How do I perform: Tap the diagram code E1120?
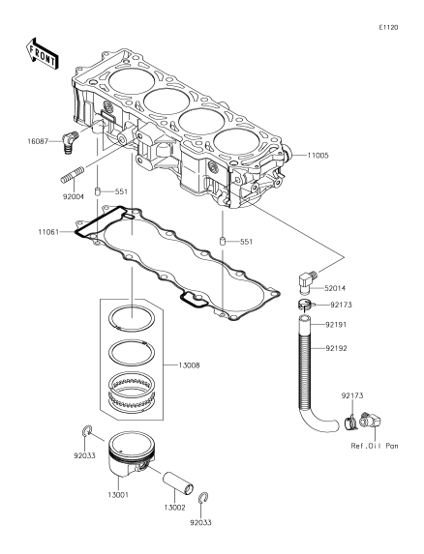click(x=388, y=28)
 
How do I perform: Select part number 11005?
click(x=318, y=155)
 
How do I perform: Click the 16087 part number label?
click(x=38, y=142)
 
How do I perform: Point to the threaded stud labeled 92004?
click(x=73, y=175)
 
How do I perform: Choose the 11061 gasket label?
click(x=48, y=232)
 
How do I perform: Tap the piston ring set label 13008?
click(x=189, y=365)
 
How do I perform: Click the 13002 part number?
click(x=174, y=508)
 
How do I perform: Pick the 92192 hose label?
click(x=336, y=348)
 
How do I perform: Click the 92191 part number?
click(x=336, y=324)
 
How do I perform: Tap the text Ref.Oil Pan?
click(x=375, y=446)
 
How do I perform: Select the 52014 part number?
click(x=336, y=288)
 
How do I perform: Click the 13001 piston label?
click(x=118, y=495)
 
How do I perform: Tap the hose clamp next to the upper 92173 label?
click(x=304, y=304)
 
